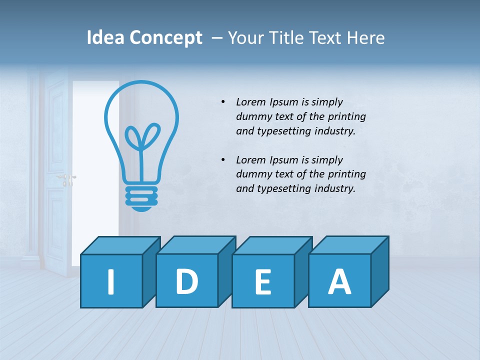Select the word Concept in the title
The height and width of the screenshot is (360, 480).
point(166,38)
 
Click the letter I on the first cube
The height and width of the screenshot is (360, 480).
point(111,281)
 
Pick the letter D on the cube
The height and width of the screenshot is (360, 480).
point(186,281)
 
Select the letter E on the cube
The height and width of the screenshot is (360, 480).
point(263,282)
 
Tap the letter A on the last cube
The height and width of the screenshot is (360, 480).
point(339,281)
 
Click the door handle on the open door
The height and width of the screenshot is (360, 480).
point(66,177)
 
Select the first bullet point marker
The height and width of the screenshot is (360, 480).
point(223,102)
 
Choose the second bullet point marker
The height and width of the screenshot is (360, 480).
point(223,160)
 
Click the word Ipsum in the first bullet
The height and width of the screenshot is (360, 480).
point(283,102)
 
